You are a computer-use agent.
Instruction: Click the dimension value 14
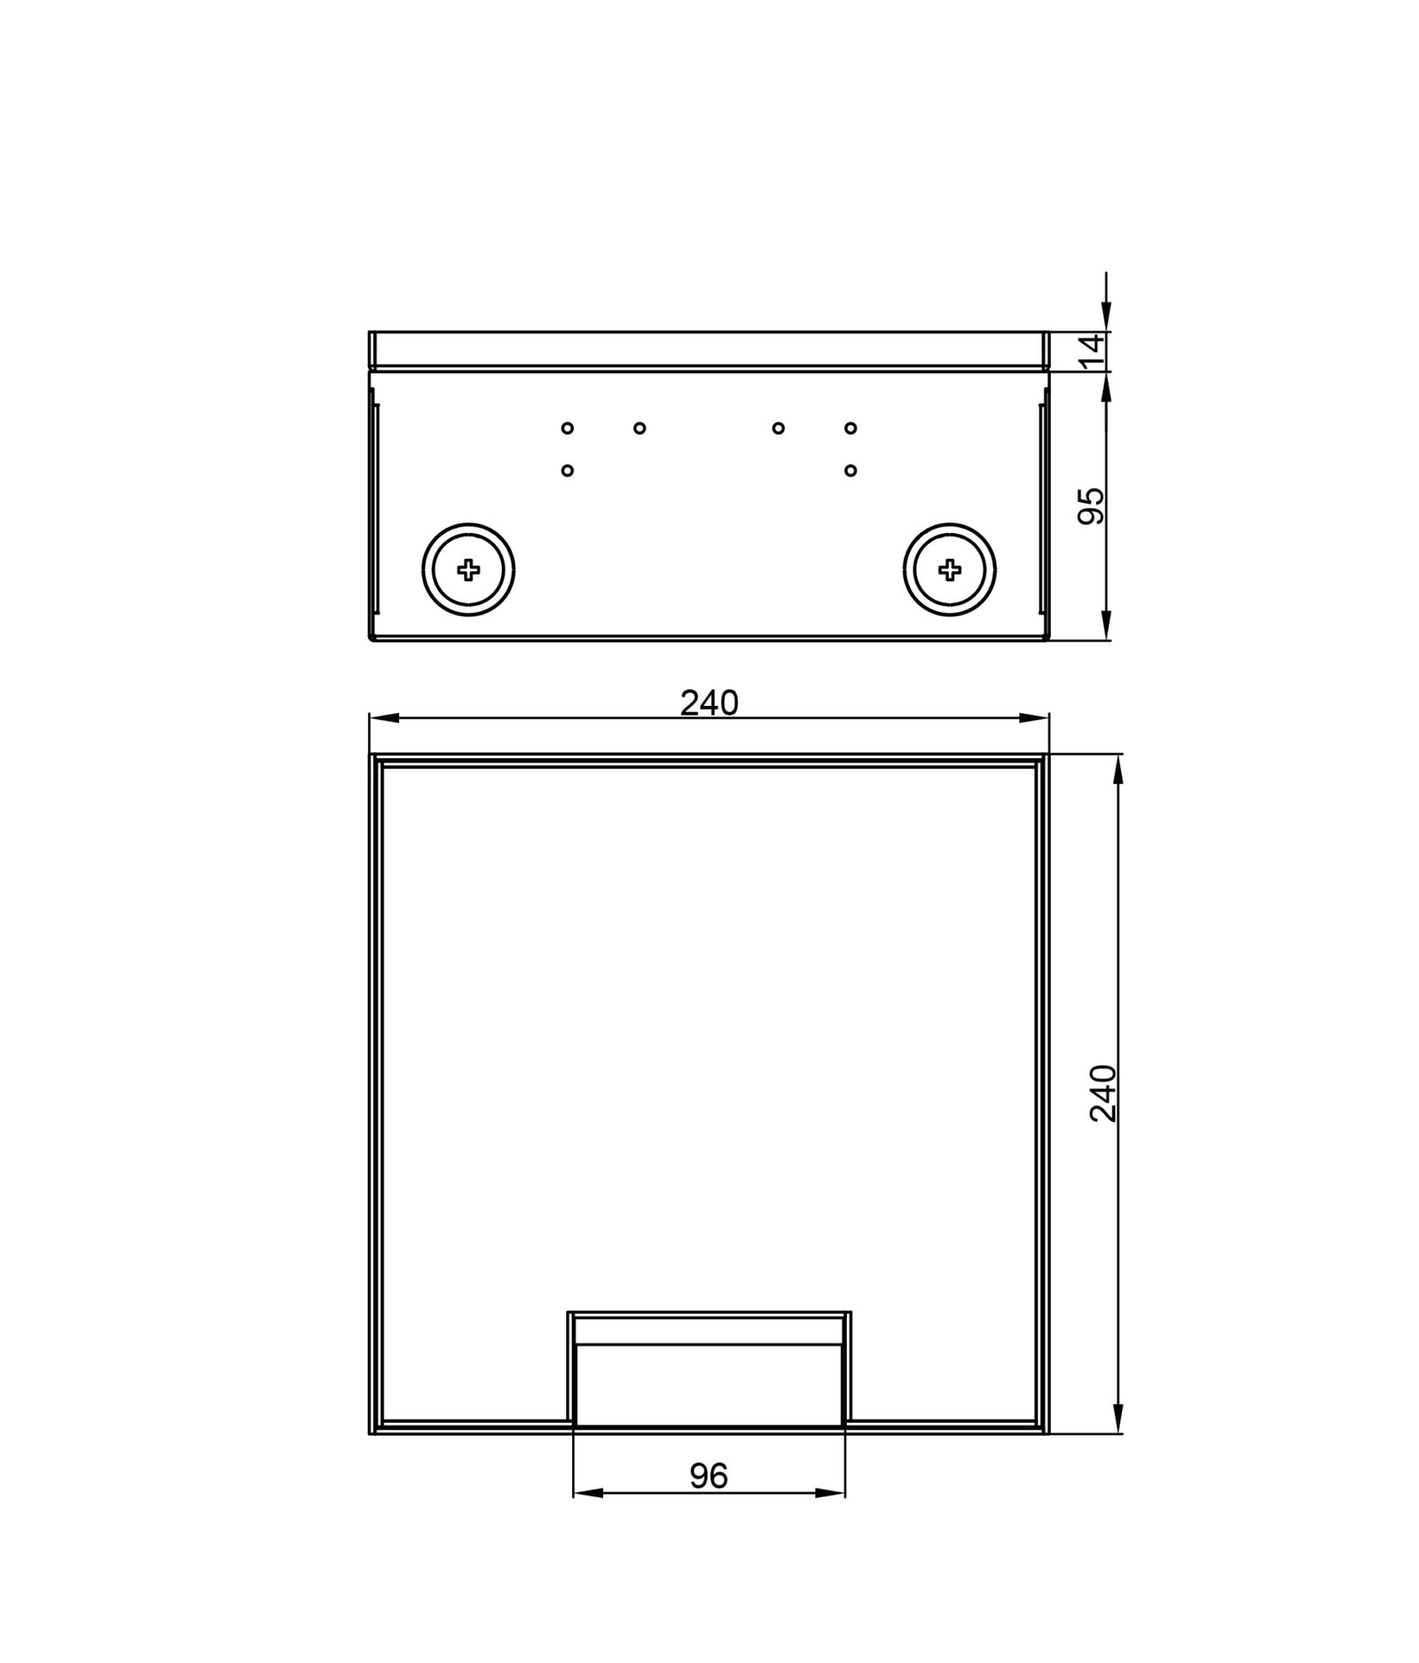tap(1094, 351)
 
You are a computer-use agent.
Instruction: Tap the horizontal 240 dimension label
tap(709, 703)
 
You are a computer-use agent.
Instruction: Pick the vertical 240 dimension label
tap(1103, 1094)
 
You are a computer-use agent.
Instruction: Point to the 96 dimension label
tap(709, 1476)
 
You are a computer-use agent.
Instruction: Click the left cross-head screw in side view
tap(468, 569)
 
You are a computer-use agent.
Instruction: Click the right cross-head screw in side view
tap(950, 569)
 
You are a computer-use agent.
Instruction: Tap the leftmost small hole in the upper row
tap(568, 428)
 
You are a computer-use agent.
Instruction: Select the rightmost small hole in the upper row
tap(851, 428)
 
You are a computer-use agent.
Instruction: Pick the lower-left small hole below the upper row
tap(568, 470)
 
